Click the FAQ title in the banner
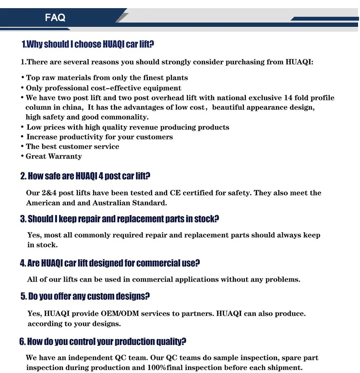click(x=55, y=18)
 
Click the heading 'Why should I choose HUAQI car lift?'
click(x=88, y=45)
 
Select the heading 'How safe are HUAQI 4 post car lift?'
click(x=85, y=176)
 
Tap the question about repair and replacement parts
click(x=120, y=219)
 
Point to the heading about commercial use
click(x=110, y=263)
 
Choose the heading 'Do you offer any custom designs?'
click(x=85, y=296)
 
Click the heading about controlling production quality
click(x=103, y=342)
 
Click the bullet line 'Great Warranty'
click(x=54, y=156)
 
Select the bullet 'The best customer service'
click(x=72, y=147)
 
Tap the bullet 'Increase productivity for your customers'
click(x=99, y=137)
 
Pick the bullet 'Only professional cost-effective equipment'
click(x=104, y=88)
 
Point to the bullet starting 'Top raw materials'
click(x=107, y=78)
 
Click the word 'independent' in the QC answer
click(x=89, y=358)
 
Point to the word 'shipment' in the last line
click(x=286, y=368)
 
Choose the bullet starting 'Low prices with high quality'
click(x=128, y=128)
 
